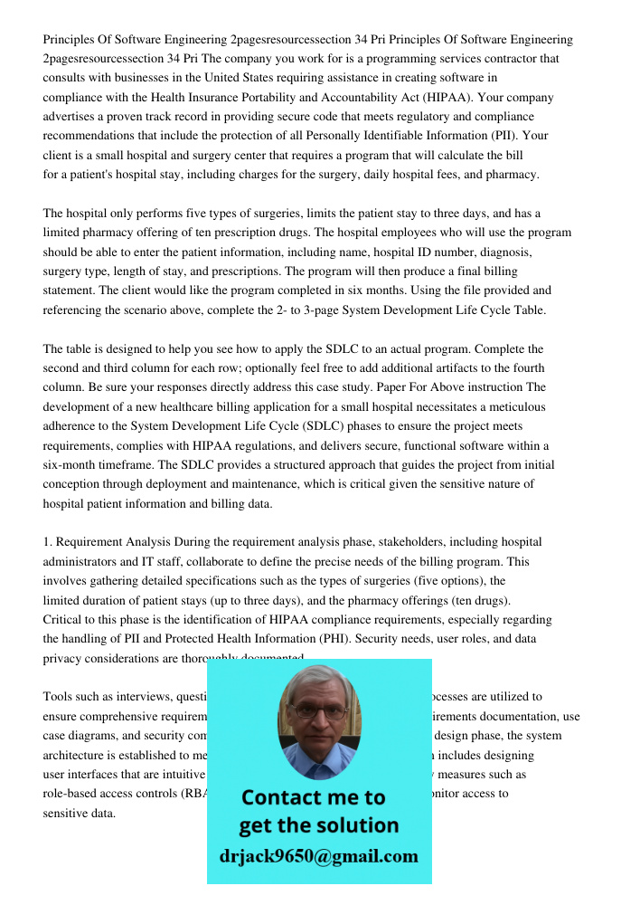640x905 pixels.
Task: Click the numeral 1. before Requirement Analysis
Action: click(48, 542)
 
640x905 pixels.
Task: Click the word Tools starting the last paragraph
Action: click(60, 697)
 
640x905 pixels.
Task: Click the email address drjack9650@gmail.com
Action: click(318, 856)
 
